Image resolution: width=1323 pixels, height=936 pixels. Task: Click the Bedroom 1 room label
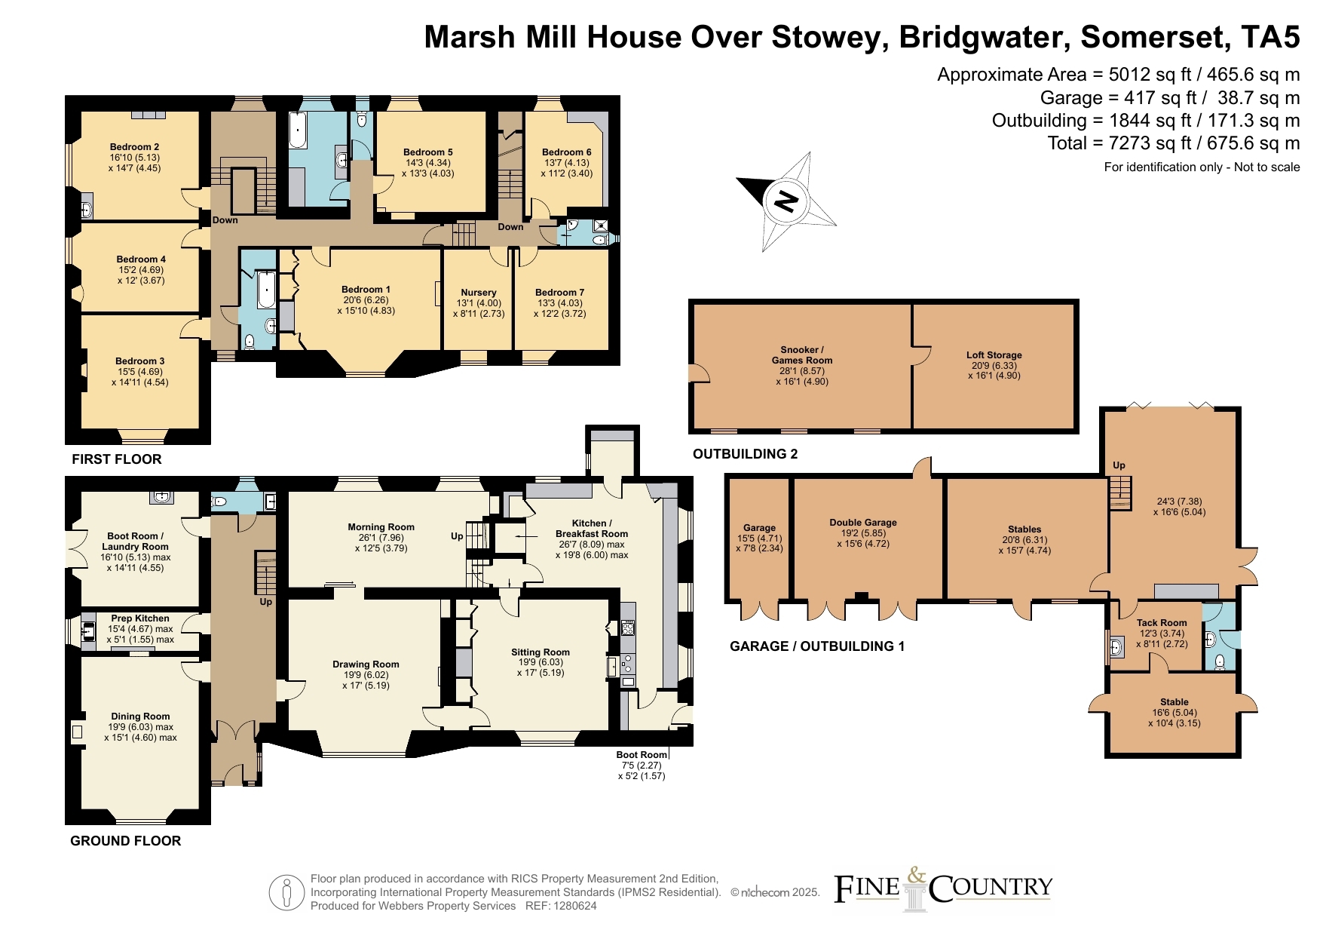coord(366,289)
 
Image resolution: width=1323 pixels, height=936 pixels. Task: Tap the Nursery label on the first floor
coord(479,292)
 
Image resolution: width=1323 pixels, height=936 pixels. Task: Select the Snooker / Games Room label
coord(802,354)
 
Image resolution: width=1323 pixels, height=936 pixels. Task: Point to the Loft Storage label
coord(994,354)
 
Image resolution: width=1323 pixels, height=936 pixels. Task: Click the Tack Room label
coord(1162,623)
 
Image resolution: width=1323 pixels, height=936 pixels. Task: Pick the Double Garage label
coord(863,522)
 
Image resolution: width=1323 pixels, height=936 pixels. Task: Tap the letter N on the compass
coord(786,201)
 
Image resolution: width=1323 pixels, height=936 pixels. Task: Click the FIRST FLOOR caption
coord(117,459)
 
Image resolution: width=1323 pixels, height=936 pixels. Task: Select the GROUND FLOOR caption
coord(126,840)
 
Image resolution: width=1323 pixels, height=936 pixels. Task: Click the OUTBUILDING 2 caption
coord(746,453)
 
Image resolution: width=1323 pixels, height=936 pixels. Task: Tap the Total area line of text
coord(1174,143)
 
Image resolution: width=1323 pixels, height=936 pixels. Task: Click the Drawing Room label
coord(366,664)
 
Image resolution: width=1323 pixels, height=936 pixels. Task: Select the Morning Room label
coord(381,527)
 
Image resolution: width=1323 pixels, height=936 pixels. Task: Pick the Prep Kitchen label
coord(140,618)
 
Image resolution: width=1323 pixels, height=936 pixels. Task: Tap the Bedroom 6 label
coord(566,152)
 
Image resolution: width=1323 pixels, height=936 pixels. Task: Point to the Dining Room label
coord(140,717)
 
